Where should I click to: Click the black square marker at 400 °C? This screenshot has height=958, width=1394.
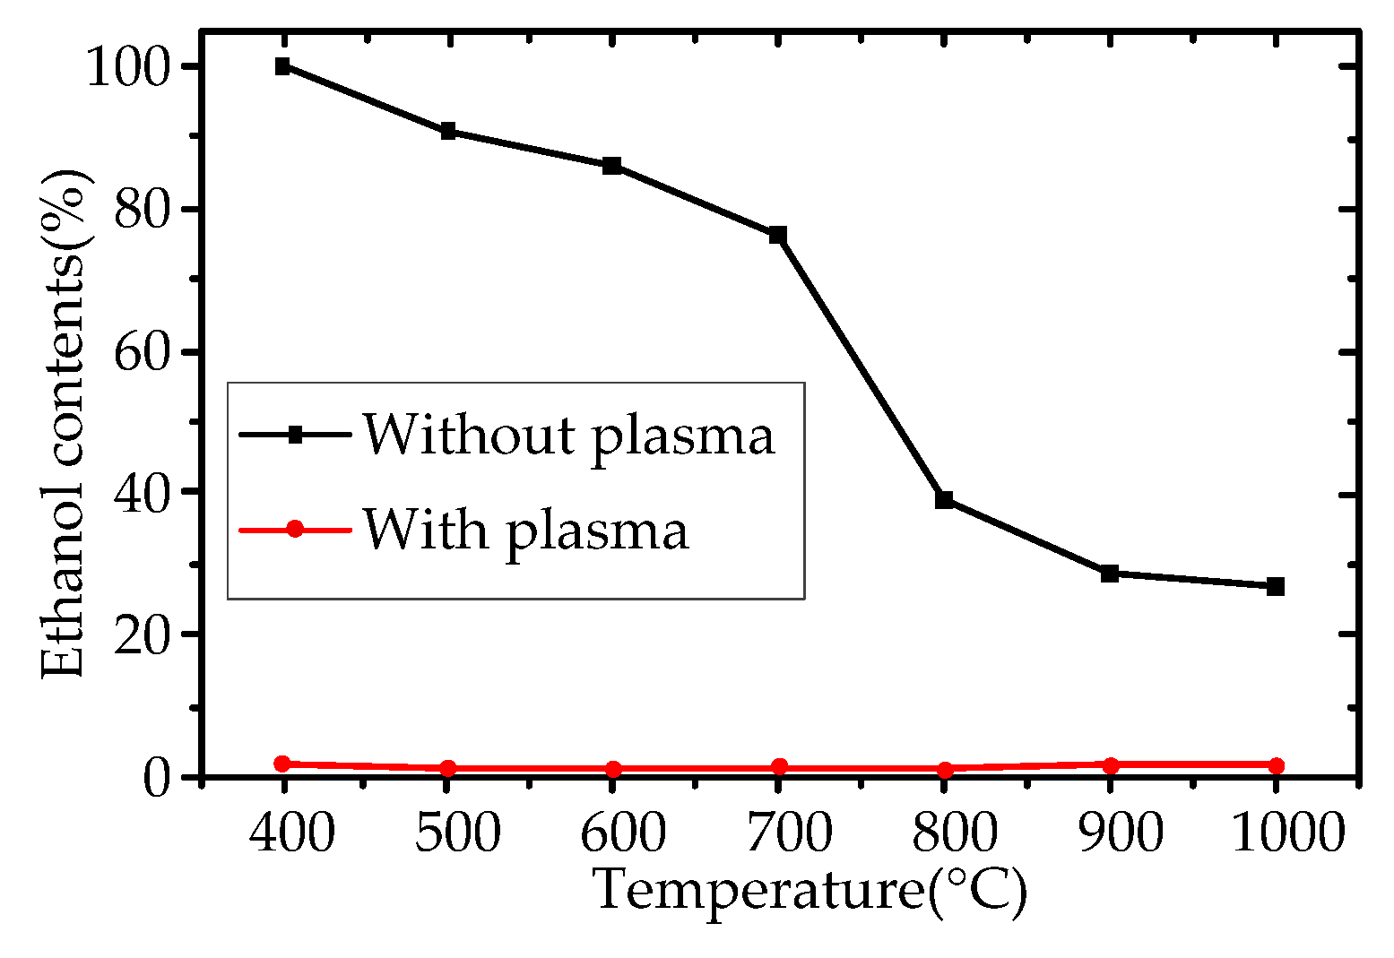(283, 66)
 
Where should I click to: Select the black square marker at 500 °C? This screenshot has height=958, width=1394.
(448, 132)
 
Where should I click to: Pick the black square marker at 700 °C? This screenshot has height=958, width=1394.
(778, 235)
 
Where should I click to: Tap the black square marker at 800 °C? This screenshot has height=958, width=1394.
(944, 499)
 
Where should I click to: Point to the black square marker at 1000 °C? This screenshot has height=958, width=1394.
(1275, 586)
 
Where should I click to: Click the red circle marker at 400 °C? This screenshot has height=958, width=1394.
(283, 764)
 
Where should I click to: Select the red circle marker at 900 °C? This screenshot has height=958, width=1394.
(1110, 764)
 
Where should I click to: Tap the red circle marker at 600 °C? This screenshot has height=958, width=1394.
(613, 768)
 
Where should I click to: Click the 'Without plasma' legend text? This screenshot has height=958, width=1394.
(568, 436)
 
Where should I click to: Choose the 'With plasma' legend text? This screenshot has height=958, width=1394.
(525, 530)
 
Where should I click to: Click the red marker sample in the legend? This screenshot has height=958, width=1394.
(294, 530)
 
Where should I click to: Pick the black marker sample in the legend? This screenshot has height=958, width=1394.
(294, 436)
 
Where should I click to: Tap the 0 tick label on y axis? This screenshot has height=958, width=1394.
(157, 775)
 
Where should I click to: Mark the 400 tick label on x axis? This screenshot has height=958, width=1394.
(292, 833)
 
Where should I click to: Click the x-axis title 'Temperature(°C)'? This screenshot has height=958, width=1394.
(810, 891)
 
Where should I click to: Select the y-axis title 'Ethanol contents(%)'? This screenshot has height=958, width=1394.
(65, 421)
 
